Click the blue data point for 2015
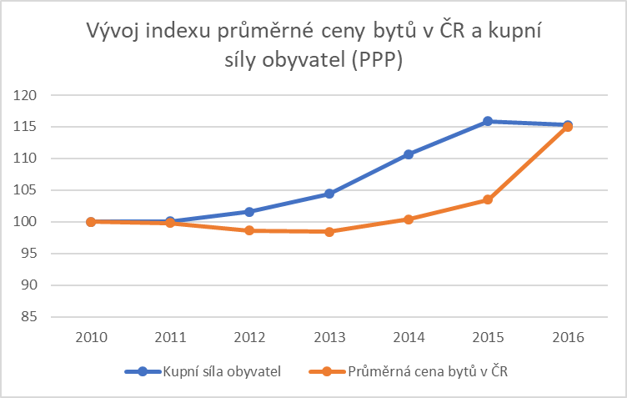click(x=488, y=121)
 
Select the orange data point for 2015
click(x=488, y=199)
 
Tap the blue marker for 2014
click(x=409, y=154)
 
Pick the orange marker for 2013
click(x=329, y=231)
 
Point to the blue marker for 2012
click(x=249, y=212)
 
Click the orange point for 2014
click(x=409, y=219)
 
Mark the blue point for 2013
click(x=329, y=194)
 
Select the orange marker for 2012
click(x=249, y=230)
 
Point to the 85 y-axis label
click(x=31, y=317)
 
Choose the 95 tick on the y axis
click(x=31, y=254)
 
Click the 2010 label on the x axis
click(x=90, y=338)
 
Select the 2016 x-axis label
click(x=568, y=338)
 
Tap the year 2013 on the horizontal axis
click(x=329, y=338)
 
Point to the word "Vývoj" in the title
click(x=113, y=33)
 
